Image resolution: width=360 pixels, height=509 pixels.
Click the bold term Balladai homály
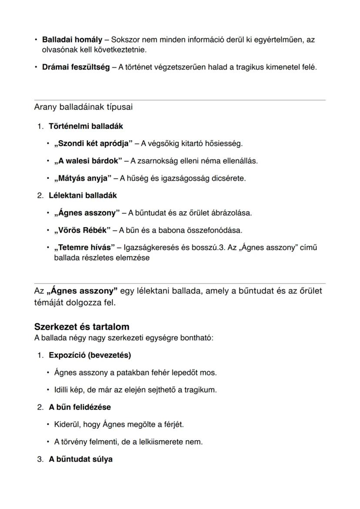[72, 40]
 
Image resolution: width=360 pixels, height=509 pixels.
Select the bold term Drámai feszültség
[76, 67]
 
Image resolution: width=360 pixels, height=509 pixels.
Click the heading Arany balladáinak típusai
[83, 107]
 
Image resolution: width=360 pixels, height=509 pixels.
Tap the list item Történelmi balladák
[86, 126]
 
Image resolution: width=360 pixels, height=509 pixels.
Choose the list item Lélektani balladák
[83, 195]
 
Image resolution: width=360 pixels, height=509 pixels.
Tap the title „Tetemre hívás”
[84, 247]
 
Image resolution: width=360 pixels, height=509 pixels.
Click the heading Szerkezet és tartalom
[82, 326]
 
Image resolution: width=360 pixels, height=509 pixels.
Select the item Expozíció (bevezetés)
[90, 355]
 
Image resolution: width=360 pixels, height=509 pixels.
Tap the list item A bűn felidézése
[80, 407]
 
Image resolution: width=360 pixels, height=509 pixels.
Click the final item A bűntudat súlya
[80, 459]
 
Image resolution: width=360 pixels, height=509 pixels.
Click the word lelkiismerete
[167, 442]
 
